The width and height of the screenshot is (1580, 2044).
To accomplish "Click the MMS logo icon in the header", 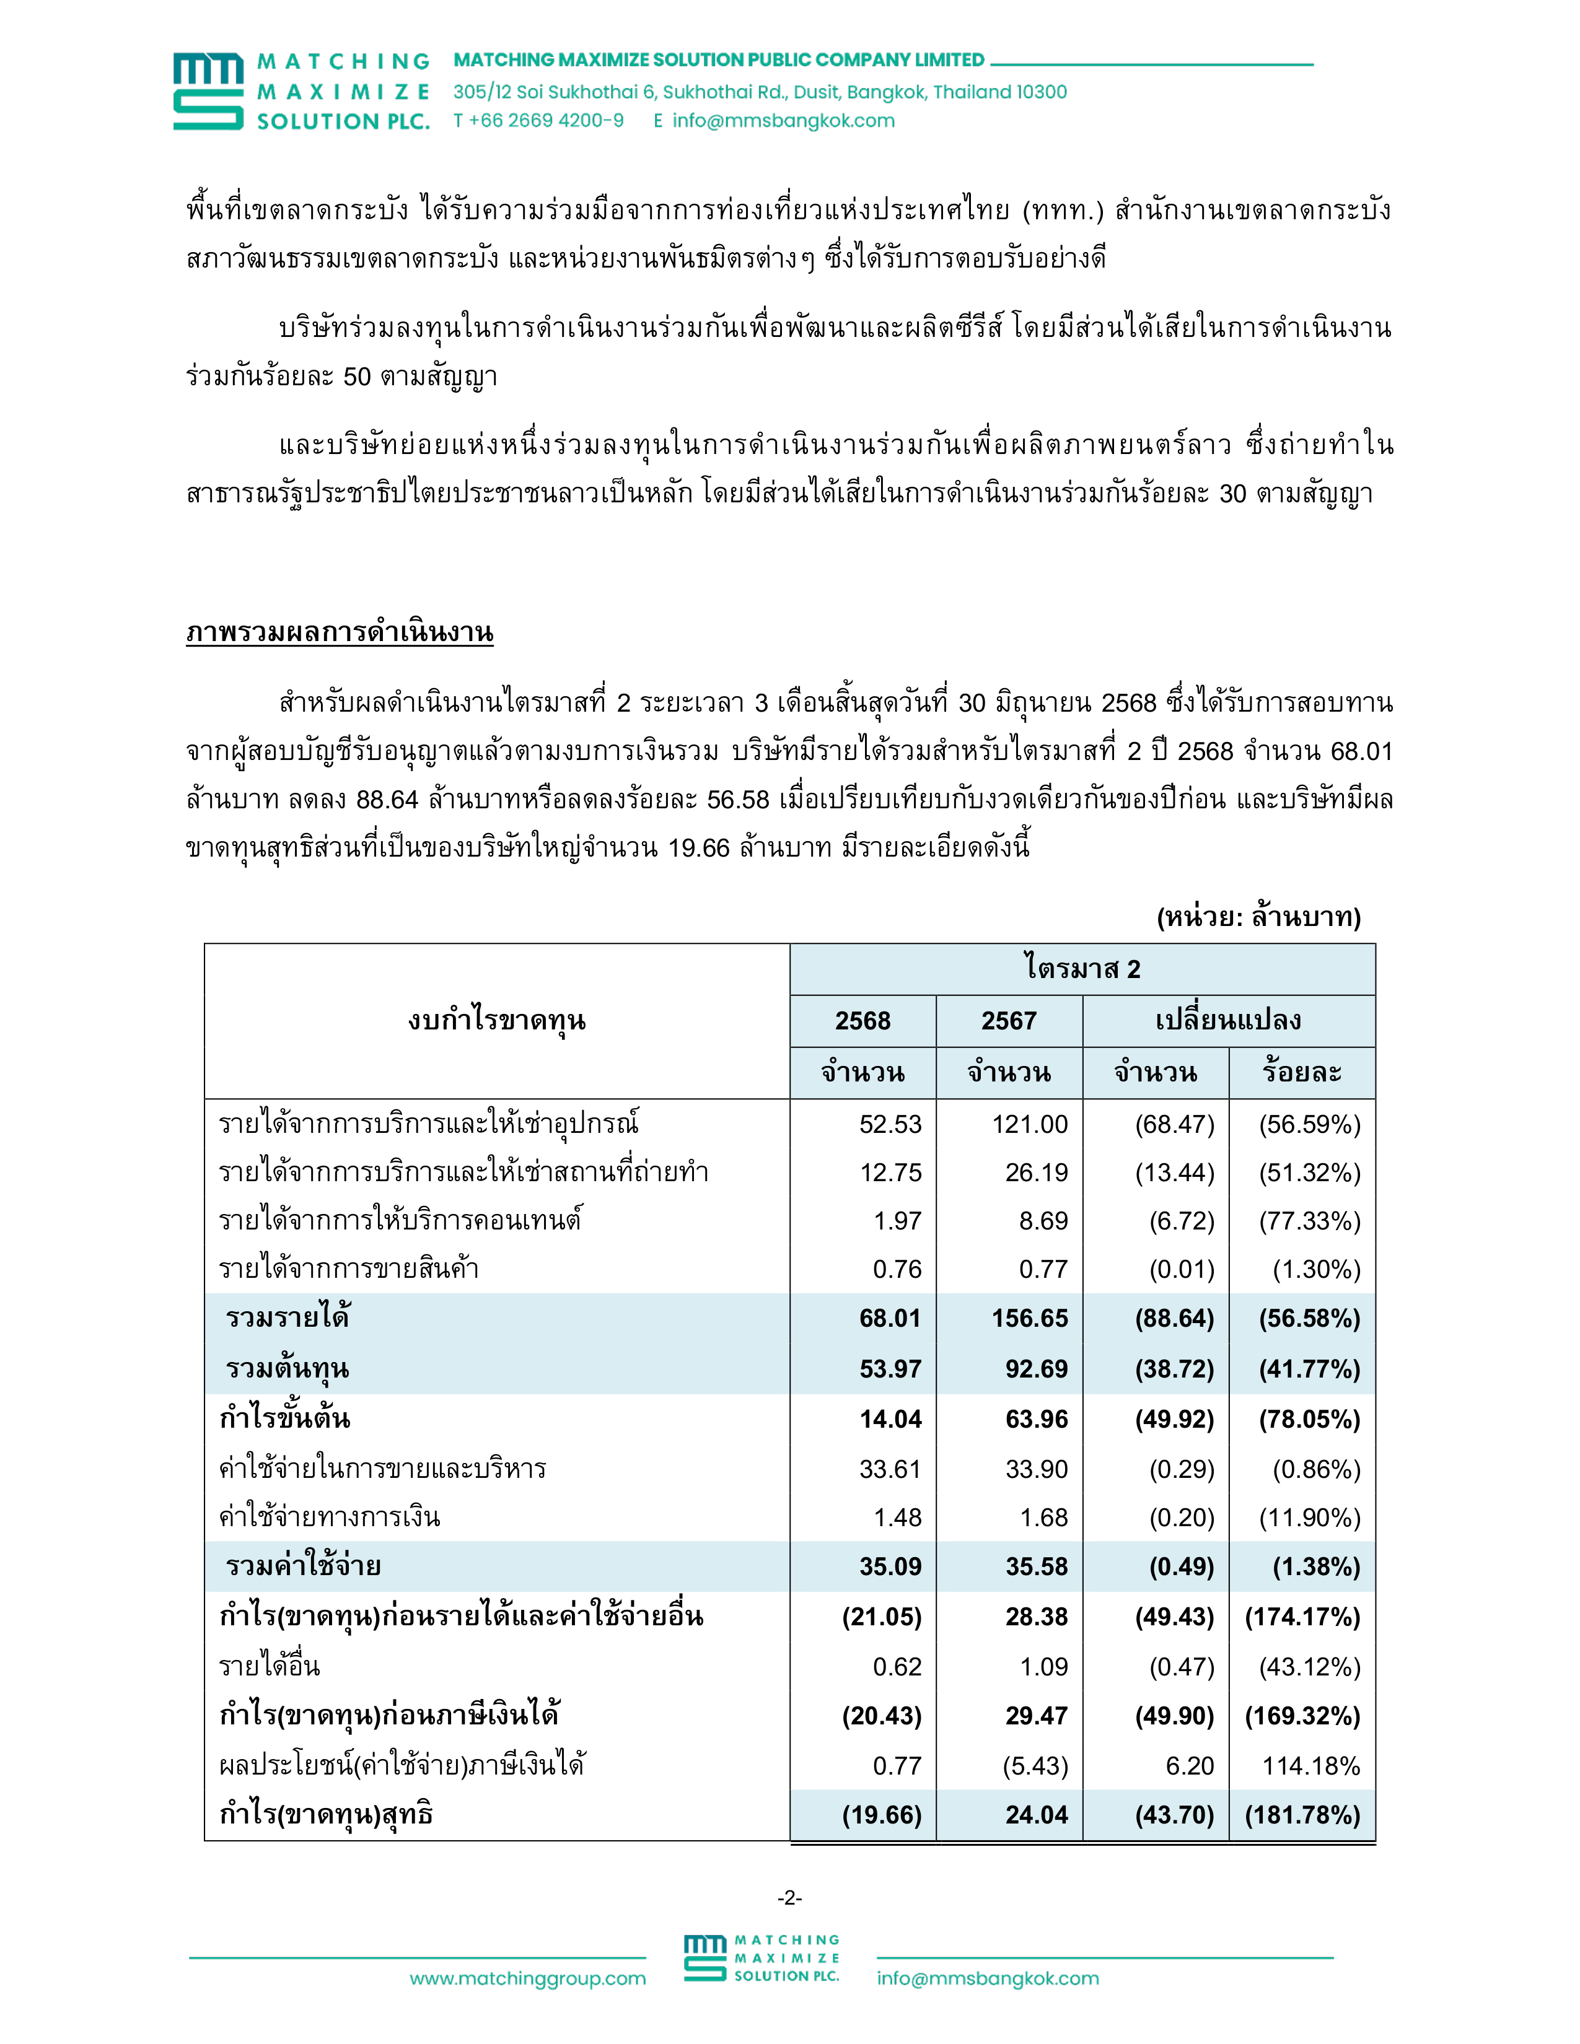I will point(208,91).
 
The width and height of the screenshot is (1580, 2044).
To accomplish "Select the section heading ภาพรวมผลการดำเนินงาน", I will point(340,632).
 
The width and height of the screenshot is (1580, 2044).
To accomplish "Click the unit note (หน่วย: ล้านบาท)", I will point(1258,916).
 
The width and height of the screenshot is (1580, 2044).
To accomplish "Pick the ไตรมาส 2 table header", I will point(1082,969).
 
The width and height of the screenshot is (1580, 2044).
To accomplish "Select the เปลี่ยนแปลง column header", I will point(1228,1020).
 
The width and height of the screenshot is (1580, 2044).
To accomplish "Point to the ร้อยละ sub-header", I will point(1301,1073).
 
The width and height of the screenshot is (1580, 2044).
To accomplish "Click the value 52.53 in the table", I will point(890,1124).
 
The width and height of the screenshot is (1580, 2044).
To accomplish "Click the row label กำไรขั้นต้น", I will point(284,1419).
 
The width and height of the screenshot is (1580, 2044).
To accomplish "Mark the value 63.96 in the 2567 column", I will point(1036,1419).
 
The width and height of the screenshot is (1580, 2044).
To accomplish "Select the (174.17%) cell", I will point(1302,1616).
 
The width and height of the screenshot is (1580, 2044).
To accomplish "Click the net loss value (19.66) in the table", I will point(882,1815).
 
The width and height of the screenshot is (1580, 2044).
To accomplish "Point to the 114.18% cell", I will point(1310,1765).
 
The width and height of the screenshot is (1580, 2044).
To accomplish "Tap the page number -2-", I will point(789,1897).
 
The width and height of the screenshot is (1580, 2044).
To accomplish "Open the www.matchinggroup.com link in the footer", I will point(527,1978).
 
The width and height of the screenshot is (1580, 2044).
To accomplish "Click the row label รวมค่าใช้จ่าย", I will point(303,1566).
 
